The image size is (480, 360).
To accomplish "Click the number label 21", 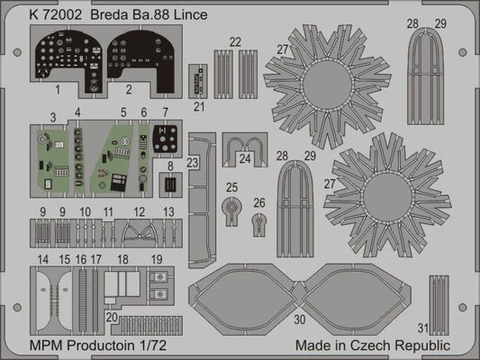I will pos(199,105).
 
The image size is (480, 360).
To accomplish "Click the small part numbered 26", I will pos(260,221).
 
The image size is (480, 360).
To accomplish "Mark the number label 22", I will pos(235,42).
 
